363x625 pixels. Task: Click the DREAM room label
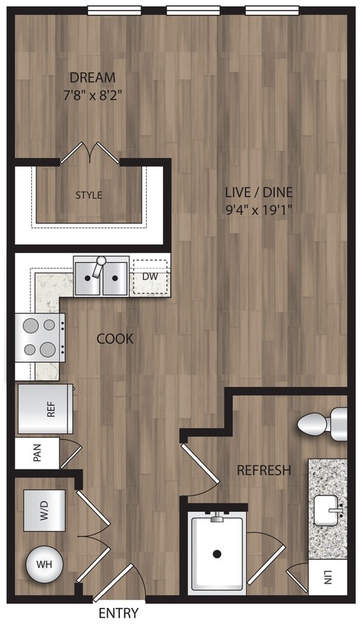click(x=93, y=78)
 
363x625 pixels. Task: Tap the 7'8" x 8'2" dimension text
click(x=93, y=95)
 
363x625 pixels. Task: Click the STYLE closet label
click(x=89, y=195)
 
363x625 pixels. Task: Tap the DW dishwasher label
click(x=149, y=276)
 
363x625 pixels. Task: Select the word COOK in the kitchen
click(x=115, y=339)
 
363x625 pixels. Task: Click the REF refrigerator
click(x=46, y=410)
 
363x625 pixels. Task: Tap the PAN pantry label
click(x=37, y=453)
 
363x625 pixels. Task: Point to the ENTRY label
click(x=118, y=614)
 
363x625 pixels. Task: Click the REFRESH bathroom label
click(x=263, y=470)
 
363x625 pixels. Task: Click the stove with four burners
click(x=40, y=337)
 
